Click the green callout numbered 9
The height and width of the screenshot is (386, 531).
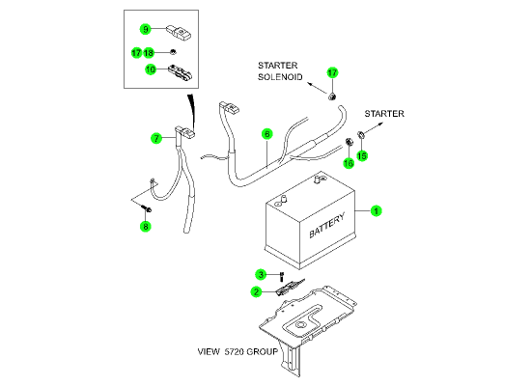point(145,29)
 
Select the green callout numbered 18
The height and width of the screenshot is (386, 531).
point(149,53)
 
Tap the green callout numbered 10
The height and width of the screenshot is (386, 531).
point(151,69)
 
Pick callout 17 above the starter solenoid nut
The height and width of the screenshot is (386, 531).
point(332,72)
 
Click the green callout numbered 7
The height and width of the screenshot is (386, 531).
point(156,138)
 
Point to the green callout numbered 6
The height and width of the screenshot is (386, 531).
point(267,134)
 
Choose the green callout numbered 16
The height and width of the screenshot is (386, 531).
point(349,163)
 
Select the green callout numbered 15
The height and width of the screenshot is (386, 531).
point(362,155)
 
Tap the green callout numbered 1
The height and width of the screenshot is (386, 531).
point(376,211)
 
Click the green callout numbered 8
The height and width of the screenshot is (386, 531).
point(145,226)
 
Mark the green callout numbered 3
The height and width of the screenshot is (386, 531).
point(261,274)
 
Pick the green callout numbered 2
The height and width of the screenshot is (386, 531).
point(257,291)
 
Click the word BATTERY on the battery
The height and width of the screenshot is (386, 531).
point(326,225)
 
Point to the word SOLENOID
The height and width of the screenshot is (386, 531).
point(280,77)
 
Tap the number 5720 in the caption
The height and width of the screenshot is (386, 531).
point(234,352)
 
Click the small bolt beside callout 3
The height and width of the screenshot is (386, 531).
point(281,277)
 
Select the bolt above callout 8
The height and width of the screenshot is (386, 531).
point(147,208)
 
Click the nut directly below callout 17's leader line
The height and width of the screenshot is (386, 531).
point(332,96)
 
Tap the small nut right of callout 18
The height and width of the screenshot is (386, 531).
point(173,52)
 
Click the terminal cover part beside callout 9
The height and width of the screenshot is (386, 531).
point(179,32)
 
